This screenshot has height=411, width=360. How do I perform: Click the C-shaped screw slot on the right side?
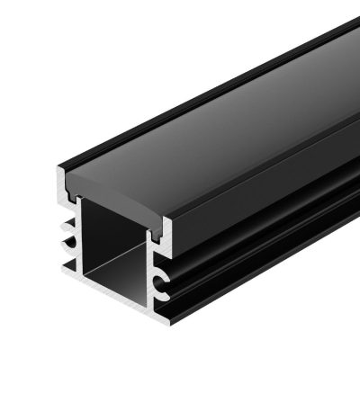[x=161, y=286]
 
